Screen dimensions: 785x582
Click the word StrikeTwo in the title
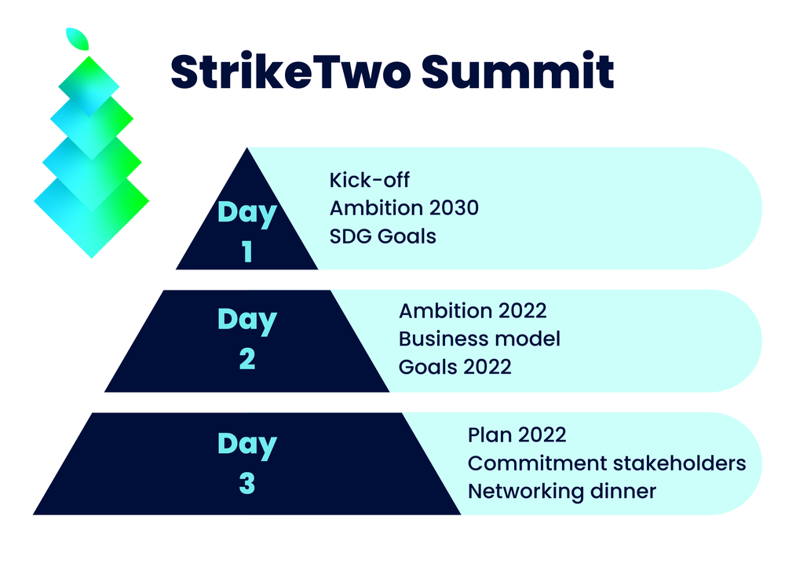291,71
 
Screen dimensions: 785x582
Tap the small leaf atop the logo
78,39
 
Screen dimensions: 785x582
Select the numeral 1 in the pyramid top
246,251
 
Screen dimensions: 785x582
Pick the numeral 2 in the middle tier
247,359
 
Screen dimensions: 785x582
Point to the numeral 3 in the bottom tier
247,483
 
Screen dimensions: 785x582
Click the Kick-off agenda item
370,180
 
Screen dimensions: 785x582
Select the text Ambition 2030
404,208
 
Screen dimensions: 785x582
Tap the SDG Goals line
382,236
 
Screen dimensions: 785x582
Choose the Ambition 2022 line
473,311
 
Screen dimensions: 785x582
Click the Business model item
480,339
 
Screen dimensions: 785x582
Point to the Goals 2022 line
455,367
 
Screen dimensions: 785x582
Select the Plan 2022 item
517,435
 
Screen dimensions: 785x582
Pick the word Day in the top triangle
247,213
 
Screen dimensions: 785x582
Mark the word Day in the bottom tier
247,445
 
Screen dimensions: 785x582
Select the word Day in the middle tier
247,320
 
